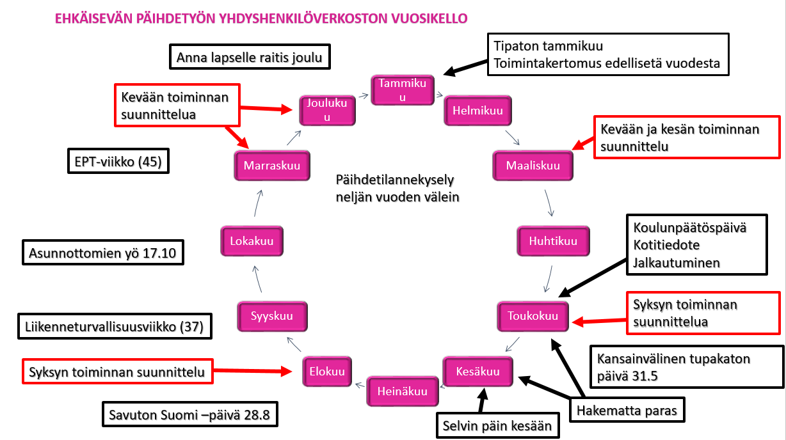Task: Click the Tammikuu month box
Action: (x=403, y=90)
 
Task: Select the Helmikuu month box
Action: (x=478, y=111)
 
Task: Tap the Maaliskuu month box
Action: (x=533, y=166)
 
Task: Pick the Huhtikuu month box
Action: (x=553, y=241)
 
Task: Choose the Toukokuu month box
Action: (x=533, y=316)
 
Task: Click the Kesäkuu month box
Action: (x=478, y=371)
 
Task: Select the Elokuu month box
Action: (x=327, y=371)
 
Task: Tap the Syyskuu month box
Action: (x=272, y=316)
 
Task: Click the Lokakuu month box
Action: (x=252, y=241)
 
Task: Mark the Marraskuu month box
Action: (x=272, y=166)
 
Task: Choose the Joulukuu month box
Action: (x=327, y=111)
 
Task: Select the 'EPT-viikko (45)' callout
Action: (x=118, y=161)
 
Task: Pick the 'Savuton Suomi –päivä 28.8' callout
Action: (x=189, y=414)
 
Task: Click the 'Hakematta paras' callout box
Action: (x=627, y=410)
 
